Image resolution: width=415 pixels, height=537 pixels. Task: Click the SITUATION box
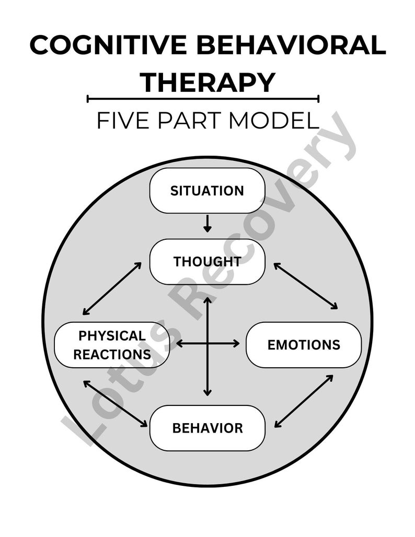coord(208,191)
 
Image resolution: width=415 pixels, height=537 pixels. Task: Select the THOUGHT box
coord(208,262)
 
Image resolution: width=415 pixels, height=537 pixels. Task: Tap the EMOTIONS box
coord(304,345)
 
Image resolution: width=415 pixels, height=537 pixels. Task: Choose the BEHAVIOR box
coord(208,428)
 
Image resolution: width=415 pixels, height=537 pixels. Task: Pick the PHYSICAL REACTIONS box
coord(112,345)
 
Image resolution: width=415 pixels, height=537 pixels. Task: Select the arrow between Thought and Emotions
coord(306,286)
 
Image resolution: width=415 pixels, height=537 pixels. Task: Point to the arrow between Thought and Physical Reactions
coord(112,288)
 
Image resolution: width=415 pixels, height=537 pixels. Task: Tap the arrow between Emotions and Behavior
coord(304,401)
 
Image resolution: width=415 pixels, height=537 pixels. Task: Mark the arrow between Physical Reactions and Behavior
coord(115,403)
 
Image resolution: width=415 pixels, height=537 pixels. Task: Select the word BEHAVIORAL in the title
coord(293,46)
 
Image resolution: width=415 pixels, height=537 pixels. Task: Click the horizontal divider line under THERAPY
coord(203,98)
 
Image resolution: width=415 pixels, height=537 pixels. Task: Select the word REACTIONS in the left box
coord(112,354)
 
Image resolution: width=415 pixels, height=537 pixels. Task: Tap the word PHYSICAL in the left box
coord(112,335)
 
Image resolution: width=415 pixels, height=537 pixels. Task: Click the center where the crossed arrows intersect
coord(208,344)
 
